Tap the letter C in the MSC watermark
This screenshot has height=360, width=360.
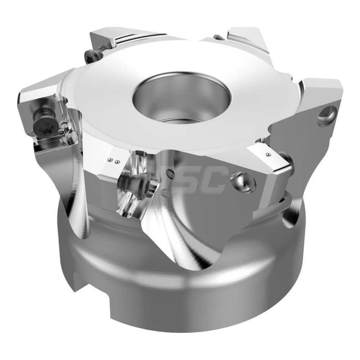(214, 180)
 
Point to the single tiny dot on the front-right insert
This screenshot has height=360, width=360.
(268, 154)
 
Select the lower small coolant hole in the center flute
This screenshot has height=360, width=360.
(166, 193)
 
